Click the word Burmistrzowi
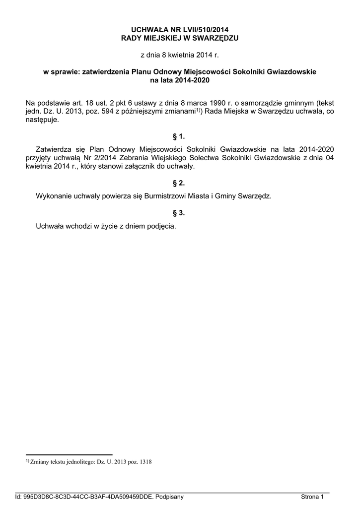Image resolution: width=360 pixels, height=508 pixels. pos(167,196)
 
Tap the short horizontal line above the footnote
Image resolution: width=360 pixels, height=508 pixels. pos(69,454)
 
